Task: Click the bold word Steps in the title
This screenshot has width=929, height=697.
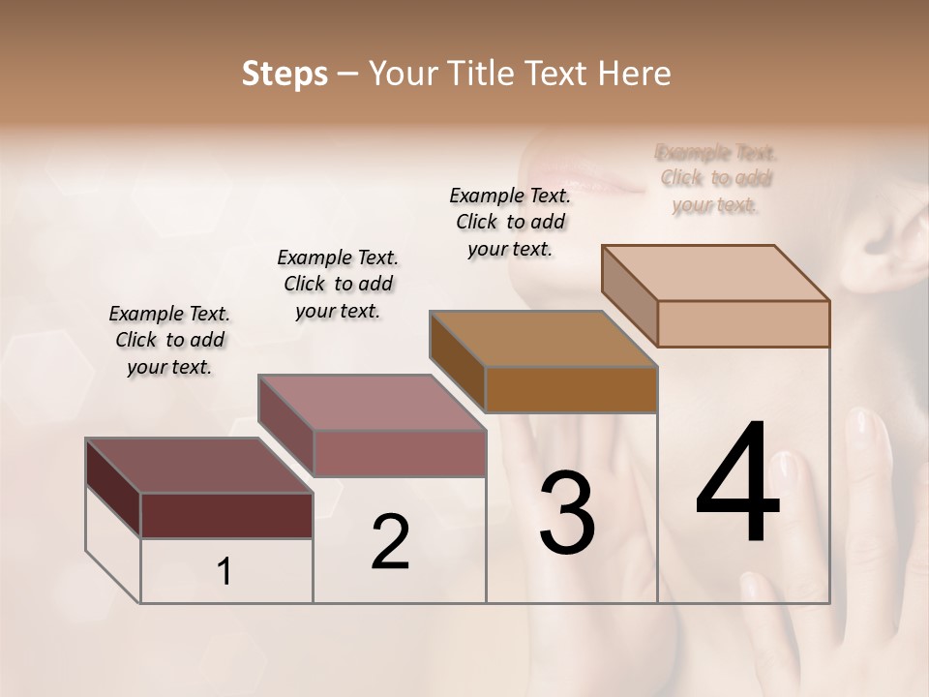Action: click(x=285, y=74)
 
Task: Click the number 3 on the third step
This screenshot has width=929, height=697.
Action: click(x=566, y=513)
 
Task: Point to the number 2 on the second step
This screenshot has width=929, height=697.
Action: click(x=390, y=542)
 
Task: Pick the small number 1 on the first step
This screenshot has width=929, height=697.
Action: click(x=225, y=572)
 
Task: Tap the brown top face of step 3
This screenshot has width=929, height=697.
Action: click(x=543, y=339)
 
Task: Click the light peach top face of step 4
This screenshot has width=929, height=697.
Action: click(x=715, y=273)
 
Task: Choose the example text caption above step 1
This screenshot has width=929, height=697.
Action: click(x=169, y=340)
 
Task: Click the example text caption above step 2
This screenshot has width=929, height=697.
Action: click(x=338, y=284)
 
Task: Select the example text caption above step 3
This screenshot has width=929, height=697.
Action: click(x=510, y=222)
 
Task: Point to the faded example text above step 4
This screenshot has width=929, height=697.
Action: click(x=716, y=178)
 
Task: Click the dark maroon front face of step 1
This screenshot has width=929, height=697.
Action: click(x=226, y=515)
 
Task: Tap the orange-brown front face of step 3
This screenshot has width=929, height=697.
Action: click(x=571, y=390)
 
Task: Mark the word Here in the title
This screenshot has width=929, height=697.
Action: click(x=635, y=74)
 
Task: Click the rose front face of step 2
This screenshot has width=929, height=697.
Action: click(x=399, y=453)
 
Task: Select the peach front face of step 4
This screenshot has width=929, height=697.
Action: click(x=743, y=323)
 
